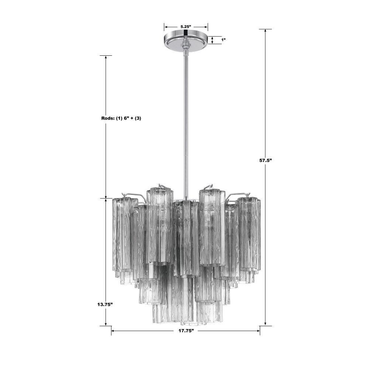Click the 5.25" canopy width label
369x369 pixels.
[186, 27]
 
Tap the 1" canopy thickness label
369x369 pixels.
[223, 40]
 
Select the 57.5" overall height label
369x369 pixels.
[266, 160]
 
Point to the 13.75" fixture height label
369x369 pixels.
[105, 304]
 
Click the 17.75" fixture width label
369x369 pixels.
[186, 331]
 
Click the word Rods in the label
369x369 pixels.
[107, 118]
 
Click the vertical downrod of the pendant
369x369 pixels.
[186, 125]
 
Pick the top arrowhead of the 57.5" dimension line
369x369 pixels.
[265, 31]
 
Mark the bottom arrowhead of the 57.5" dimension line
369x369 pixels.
[265, 324]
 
